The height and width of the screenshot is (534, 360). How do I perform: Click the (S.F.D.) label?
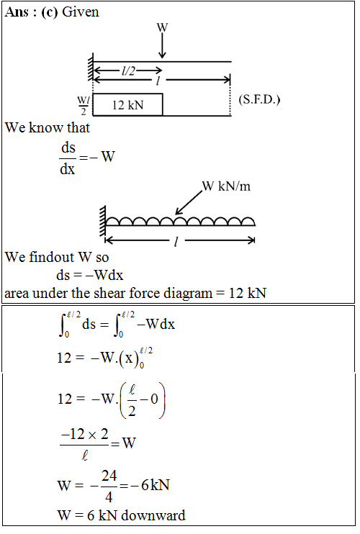[x=259, y=100]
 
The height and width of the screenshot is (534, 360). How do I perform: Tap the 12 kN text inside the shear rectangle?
[x=127, y=105]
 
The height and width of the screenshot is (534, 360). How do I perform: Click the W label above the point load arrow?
[x=163, y=27]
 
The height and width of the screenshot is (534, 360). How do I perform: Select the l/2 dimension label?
[x=128, y=71]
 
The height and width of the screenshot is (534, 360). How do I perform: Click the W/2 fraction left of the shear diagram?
[x=83, y=106]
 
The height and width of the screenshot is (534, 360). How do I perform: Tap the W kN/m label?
[x=226, y=186]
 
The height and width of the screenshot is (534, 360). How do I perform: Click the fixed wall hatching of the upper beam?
[x=90, y=67]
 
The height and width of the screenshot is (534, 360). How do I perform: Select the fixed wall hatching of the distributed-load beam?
[x=102, y=221]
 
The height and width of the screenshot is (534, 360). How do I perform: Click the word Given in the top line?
[x=81, y=12]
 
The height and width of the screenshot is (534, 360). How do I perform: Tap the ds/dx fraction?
[x=68, y=158]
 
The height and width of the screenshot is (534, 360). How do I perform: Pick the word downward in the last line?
[x=153, y=515]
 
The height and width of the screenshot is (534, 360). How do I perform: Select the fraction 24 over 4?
[x=109, y=486]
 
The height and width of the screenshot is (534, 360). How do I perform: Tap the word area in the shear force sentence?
[x=17, y=293]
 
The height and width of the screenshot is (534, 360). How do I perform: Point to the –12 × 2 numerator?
[x=84, y=434]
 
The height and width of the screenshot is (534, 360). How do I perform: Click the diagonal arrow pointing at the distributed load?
[x=189, y=203]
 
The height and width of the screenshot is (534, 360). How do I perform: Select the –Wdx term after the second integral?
[x=156, y=324]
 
